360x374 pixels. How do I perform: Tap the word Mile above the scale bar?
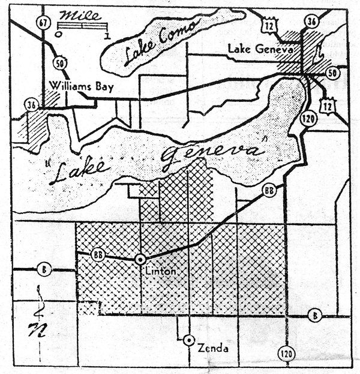[x=83, y=15]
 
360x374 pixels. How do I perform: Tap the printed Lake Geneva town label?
[x=260, y=50]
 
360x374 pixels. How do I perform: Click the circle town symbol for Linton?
[x=140, y=260]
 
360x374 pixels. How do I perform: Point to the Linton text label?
[x=161, y=272]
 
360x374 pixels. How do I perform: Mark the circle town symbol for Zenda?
[x=189, y=340]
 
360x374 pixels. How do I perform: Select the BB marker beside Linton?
[x=100, y=255]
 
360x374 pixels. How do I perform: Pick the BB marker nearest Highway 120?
[x=269, y=191]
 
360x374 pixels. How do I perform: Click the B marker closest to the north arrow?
[x=43, y=269]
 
